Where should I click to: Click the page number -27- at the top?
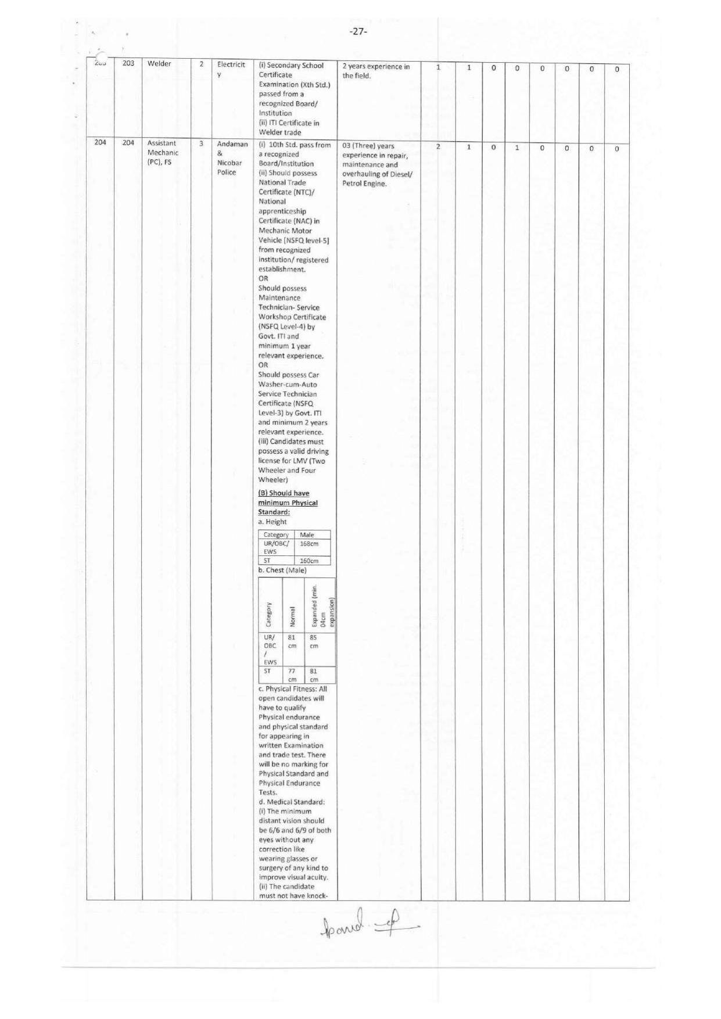(x=358, y=31)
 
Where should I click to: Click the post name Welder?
(x=159, y=63)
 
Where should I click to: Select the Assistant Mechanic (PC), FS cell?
(x=162, y=152)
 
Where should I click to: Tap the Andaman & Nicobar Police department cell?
(x=232, y=157)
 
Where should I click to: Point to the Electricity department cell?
(x=231, y=69)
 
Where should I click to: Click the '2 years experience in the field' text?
(x=375, y=71)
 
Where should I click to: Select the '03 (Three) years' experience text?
(x=368, y=146)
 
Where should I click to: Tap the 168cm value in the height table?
(x=309, y=544)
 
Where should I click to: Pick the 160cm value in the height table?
(x=309, y=561)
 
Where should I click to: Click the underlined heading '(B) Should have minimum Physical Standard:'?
(x=288, y=503)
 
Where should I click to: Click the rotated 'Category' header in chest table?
(x=268, y=613)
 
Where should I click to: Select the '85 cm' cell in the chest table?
(x=314, y=641)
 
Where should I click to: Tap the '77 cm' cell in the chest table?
(x=292, y=674)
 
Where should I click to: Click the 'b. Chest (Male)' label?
(x=282, y=570)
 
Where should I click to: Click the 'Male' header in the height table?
(x=307, y=534)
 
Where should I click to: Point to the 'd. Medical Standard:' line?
(x=292, y=802)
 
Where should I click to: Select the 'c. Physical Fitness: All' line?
(x=293, y=689)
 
